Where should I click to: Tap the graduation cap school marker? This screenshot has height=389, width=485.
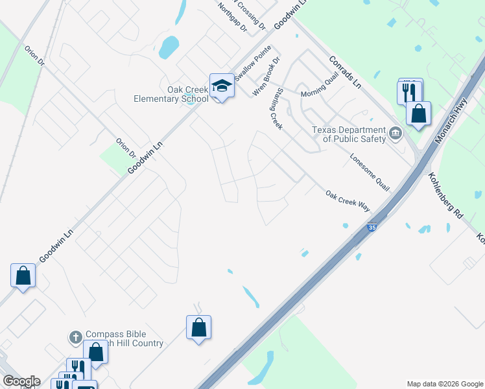pos(221,86)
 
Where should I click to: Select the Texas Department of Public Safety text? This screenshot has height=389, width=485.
pos(349,134)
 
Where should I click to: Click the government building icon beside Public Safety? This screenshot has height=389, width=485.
pos(395,135)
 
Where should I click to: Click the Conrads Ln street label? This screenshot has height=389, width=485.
pos(344,72)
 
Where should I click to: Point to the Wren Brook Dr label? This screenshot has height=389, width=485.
pos(266,77)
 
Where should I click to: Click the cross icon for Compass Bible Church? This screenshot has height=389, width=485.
pos(75,337)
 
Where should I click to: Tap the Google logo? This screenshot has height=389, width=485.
pos(21,381)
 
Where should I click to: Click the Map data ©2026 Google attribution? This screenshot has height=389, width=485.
pos(444,384)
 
